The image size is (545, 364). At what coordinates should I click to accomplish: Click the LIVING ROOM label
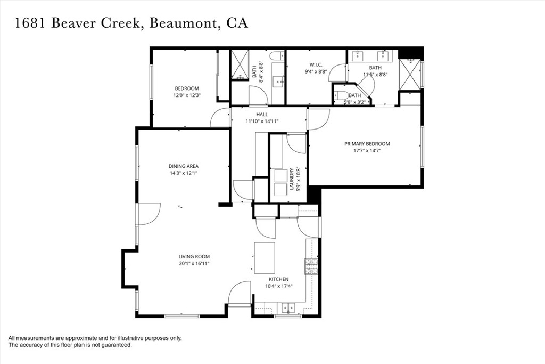coord(194,256)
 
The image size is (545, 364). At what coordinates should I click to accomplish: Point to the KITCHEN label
coord(278,279)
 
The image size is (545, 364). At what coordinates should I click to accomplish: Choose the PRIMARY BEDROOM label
coord(367,144)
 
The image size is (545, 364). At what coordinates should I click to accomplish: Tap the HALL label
coord(262,115)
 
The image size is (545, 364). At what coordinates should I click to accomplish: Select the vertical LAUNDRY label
coord(292,180)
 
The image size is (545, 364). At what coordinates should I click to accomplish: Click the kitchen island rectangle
coord(265,257)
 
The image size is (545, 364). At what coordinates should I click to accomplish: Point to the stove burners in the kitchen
coord(311,265)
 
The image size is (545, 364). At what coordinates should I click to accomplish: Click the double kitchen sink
coord(288,308)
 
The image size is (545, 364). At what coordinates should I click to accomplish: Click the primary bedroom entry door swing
coord(318,119)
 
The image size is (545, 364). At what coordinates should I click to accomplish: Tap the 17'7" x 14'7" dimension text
coord(367,151)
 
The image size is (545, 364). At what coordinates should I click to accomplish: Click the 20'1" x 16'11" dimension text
coord(194,263)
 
